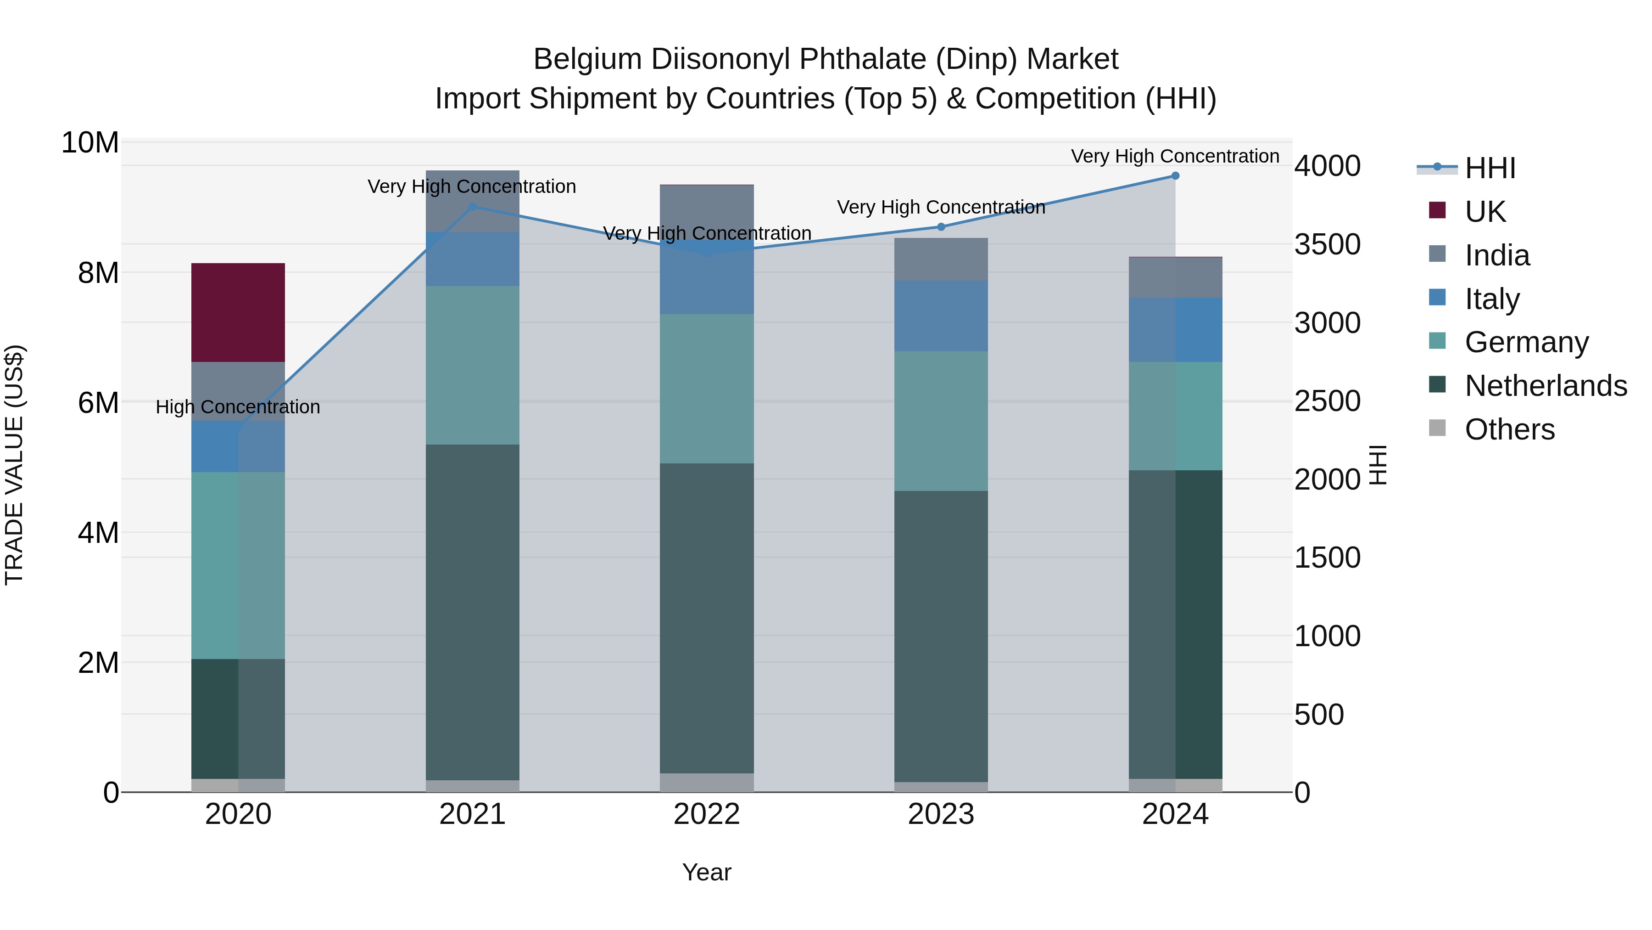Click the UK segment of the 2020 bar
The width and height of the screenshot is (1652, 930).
[x=238, y=313]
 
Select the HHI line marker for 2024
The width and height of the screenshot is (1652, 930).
[x=1175, y=176]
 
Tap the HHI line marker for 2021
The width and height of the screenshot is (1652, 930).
[x=473, y=207]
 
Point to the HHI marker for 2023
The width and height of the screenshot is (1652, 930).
[x=941, y=226]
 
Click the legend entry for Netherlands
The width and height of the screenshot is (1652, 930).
[x=1546, y=386]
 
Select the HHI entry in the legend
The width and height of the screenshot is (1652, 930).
[x=1490, y=168]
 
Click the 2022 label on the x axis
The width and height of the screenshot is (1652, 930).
[x=707, y=814]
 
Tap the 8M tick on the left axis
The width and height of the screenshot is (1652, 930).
[x=98, y=273]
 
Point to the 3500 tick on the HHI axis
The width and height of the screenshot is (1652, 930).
[x=1327, y=244]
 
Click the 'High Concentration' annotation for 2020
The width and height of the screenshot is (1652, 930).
[x=238, y=407]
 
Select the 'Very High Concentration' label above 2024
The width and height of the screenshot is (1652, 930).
[x=1175, y=156]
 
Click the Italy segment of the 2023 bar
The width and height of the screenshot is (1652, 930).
[x=941, y=316]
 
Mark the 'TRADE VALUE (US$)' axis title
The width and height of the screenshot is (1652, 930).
[x=14, y=465]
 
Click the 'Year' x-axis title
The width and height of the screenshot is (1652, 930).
[x=707, y=872]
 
